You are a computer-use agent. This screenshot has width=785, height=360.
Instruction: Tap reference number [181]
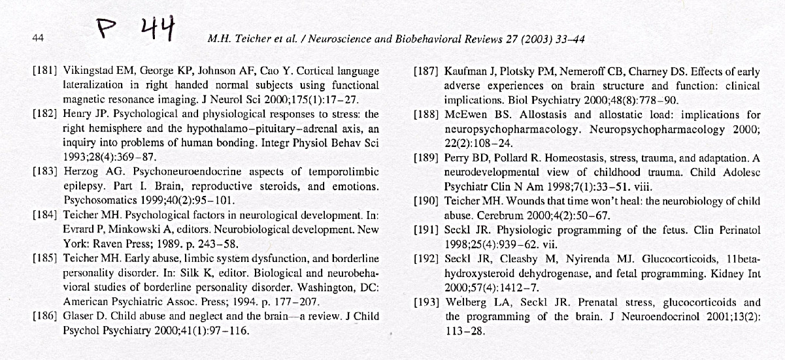pos(44,71)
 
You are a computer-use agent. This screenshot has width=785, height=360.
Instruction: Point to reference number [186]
pos(44,317)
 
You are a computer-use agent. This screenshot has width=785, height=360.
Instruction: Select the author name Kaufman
pos(465,71)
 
